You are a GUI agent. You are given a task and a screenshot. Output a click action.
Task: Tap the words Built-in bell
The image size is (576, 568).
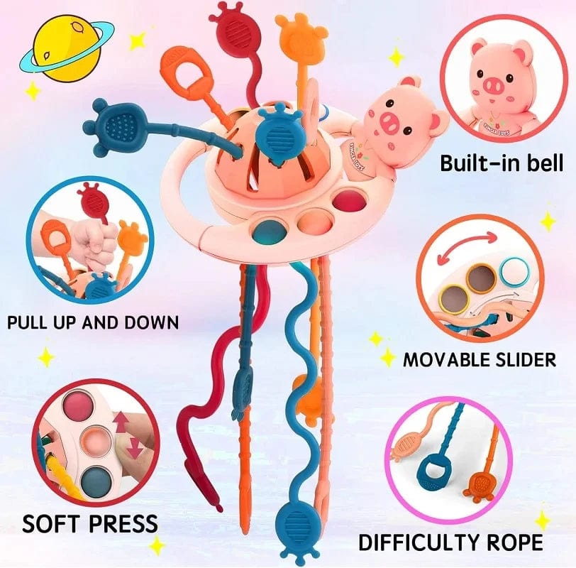coord(501,163)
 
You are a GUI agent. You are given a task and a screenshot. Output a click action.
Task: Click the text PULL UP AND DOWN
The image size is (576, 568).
coord(92,322)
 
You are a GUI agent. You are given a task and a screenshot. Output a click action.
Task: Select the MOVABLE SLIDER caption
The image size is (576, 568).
coord(480,359)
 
